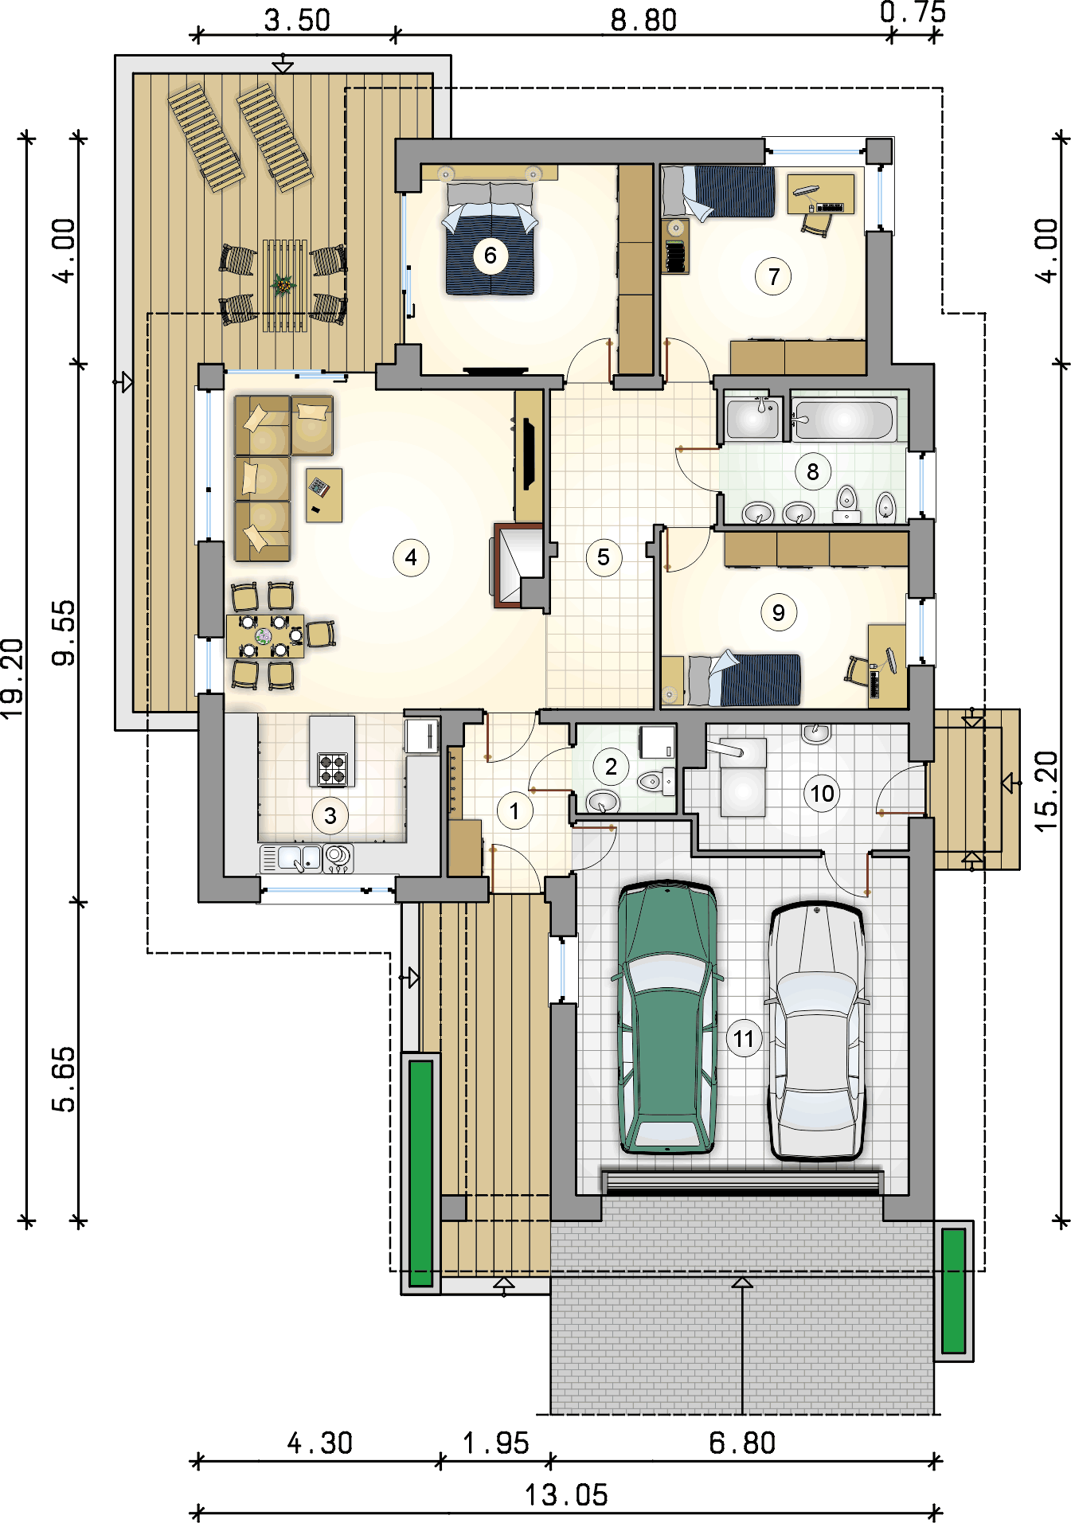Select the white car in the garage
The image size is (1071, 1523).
tap(816, 1032)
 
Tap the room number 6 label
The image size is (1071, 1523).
tap(491, 256)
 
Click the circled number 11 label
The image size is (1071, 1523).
tap(744, 1039)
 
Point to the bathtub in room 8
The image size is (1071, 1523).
tap(843, 419)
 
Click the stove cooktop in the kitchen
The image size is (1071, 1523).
tap(333, 768)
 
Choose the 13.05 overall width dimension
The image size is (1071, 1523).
tap(566, 1494)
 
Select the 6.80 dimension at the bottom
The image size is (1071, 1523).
tap(742, 1443)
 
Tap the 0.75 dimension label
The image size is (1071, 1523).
tap(913, 12)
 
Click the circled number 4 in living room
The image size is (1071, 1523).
tap(411, 557)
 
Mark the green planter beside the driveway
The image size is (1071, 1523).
tap(953, 1291)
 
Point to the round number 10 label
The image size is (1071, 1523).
tap(822, 793)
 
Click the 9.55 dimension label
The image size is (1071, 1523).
tap(64, 633)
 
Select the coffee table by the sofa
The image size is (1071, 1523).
tap(324, 495)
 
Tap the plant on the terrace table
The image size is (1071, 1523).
tap(283, 284)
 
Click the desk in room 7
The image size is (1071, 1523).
tap(820, 194)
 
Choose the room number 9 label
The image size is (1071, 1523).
tap(778, 613)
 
